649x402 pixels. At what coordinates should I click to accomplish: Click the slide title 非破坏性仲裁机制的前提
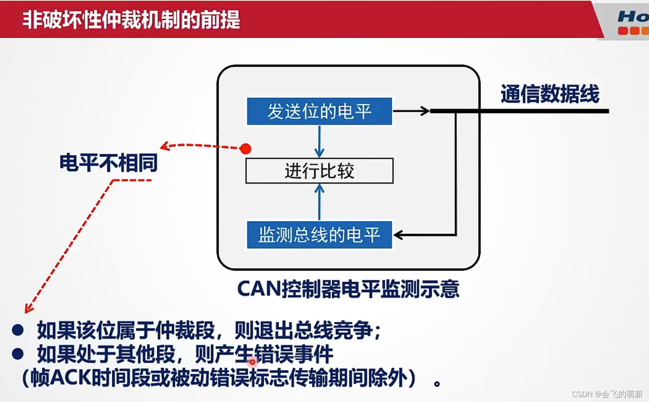pos(131,19)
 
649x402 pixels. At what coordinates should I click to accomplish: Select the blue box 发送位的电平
pos(319,111)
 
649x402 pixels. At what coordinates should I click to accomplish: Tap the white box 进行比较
pos(319,171)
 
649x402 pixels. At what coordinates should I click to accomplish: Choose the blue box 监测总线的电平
pos(319,235)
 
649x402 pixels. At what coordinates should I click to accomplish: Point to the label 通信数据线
pos(550,94)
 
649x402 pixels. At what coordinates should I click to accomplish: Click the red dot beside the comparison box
pos(246,149)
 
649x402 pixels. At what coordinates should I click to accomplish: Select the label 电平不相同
pos(109,163)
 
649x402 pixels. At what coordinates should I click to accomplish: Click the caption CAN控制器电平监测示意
pos(348,289)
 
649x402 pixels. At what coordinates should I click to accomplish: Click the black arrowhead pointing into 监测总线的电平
pos(398,235)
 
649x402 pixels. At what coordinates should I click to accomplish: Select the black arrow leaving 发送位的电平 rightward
pos(412,111)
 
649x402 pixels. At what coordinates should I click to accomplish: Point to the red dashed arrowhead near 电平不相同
pos(165,146)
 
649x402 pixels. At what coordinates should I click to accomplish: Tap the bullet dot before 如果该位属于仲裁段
pos(18,330)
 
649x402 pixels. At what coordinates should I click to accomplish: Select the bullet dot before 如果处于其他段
pos(18,354)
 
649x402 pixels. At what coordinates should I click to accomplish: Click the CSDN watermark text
pos(607,394)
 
